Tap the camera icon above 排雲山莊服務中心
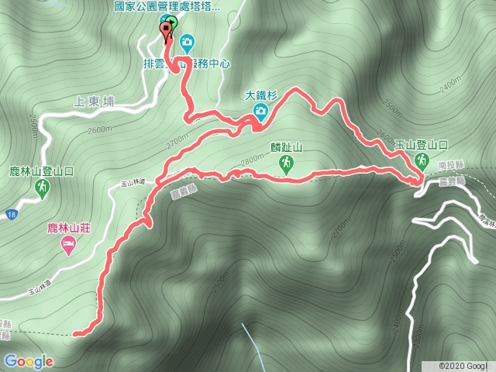(x=188, y=42)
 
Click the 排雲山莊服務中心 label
(x=187, y=64)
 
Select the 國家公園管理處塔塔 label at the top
(x=167, y=5)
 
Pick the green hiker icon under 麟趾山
(x=286, y=162)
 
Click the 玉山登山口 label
(x=422, y=144)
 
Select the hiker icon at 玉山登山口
(x=422, y=160)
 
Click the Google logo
(x=29, y=361)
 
